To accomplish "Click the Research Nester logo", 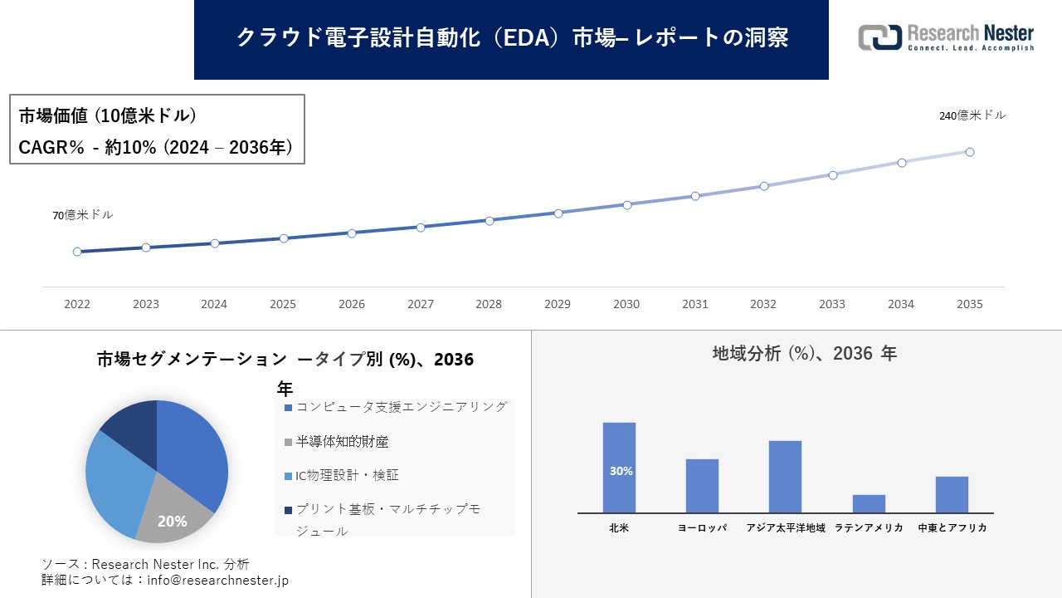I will click(946, 37).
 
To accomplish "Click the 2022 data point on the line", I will click(77, 252).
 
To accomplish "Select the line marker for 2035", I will click(969, 152).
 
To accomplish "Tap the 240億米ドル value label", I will click(972, 116).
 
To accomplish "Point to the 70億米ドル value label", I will click(83, 215).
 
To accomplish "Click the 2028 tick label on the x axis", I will click(489, 305).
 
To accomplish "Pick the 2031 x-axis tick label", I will click(694, 305).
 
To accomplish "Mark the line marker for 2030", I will click(626, 204).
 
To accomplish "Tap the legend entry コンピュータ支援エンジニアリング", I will click(395, 407).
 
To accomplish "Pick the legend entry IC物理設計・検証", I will click(341, 476).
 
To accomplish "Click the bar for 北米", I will click(619, 467).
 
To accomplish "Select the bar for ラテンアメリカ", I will click(869, 503).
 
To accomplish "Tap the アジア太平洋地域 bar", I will click(785, 476).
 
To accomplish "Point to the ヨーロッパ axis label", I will click(702, 528).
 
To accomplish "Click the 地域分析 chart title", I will click(804, 354).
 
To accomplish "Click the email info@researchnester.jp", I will click(217, 581).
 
